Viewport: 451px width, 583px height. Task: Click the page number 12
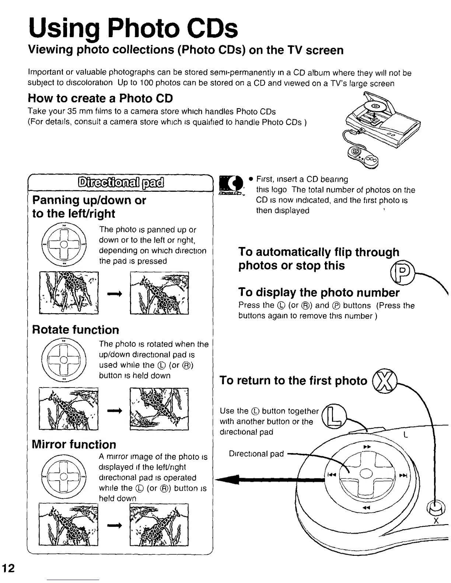(8, 568)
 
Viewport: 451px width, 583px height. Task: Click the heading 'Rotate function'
(76, 329)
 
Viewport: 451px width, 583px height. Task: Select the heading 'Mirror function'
(74, 444)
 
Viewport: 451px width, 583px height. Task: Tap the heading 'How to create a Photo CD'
(100, 99)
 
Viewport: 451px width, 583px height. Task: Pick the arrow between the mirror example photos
(114, 526)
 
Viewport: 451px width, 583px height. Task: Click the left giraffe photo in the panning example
(69, 293)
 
